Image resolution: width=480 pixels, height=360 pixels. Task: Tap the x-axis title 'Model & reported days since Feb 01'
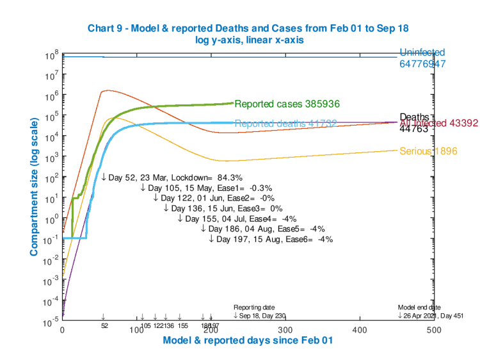pos(248,341)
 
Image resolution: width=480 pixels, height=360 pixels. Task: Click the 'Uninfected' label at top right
pos(422,53)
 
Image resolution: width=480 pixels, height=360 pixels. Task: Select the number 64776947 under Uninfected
pos(422,65)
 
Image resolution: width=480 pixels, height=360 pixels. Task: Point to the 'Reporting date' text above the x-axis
pos(254,307)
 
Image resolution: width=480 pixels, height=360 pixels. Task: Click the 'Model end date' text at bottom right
pos(419,307)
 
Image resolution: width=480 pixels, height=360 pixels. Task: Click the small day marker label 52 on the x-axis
pos(104,325)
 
